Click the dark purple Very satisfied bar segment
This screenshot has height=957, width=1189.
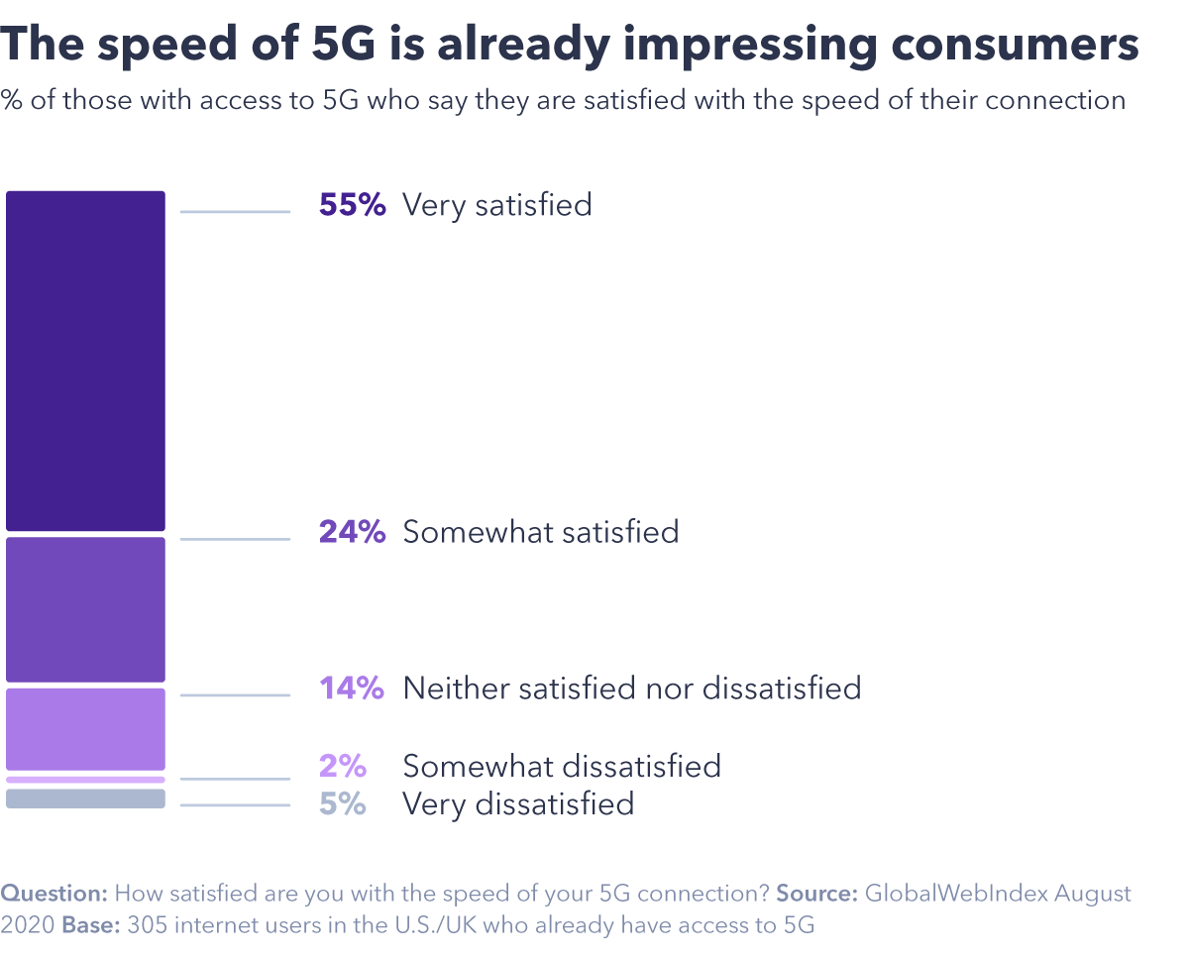85,361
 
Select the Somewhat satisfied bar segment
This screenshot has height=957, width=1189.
85,609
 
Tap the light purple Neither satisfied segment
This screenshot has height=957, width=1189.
85,729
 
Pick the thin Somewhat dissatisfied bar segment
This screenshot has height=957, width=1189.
85,780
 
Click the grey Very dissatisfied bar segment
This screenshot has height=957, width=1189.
85,798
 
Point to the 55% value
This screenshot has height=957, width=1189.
352,205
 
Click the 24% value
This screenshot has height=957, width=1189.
352,532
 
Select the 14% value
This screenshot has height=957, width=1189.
352,688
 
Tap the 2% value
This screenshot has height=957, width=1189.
343,766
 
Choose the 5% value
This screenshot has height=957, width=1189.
343,802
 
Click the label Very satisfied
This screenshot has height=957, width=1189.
496,205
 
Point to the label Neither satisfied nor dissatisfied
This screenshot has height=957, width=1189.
631,688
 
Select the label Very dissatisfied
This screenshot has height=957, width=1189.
517,802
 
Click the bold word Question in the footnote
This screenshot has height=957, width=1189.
54,894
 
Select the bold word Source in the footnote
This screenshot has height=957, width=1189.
816,894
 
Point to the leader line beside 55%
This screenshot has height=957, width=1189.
235,211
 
